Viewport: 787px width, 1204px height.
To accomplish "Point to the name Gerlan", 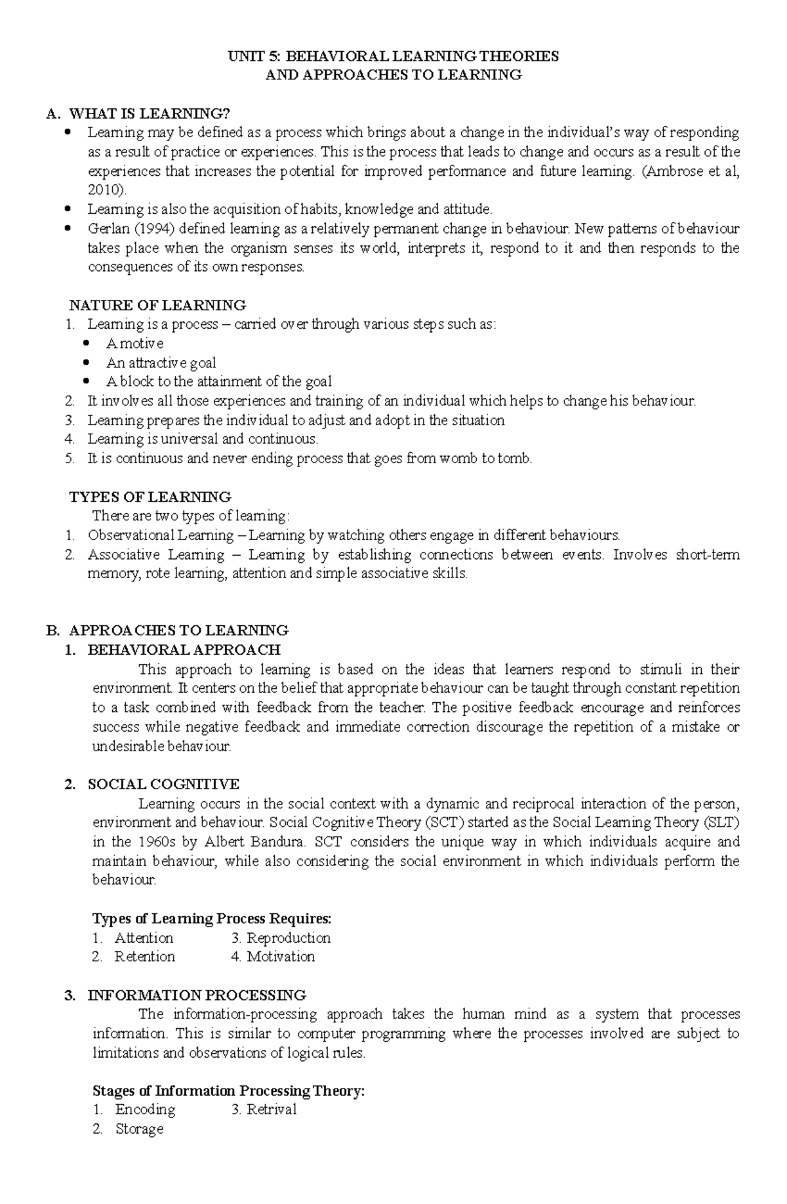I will pyautogui.click(x=107, y=229).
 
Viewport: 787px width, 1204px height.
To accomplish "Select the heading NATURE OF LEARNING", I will pyautogui.click(x=157, y=305).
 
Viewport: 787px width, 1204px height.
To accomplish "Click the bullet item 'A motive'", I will pyautogui.click(x=134, y=343).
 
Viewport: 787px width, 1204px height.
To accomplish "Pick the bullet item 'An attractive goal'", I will pyautogui.click(x=161, y=363).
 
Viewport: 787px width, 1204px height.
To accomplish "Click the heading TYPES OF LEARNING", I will pyautogui.click(x=150, y=497).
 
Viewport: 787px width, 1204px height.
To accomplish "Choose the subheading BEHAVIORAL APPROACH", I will pyautogui.click(x=184, y=650).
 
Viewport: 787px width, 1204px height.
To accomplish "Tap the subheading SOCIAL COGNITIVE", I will pyautogui.click(x=163, y=784).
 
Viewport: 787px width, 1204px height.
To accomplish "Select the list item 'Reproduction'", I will pyautogui.click(x=288, y=938).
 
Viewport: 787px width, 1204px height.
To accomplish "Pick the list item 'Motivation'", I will pyautogui.click(x=281, y=957).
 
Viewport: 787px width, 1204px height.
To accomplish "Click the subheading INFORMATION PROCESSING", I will pyautogui.click(x=197, y=995).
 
